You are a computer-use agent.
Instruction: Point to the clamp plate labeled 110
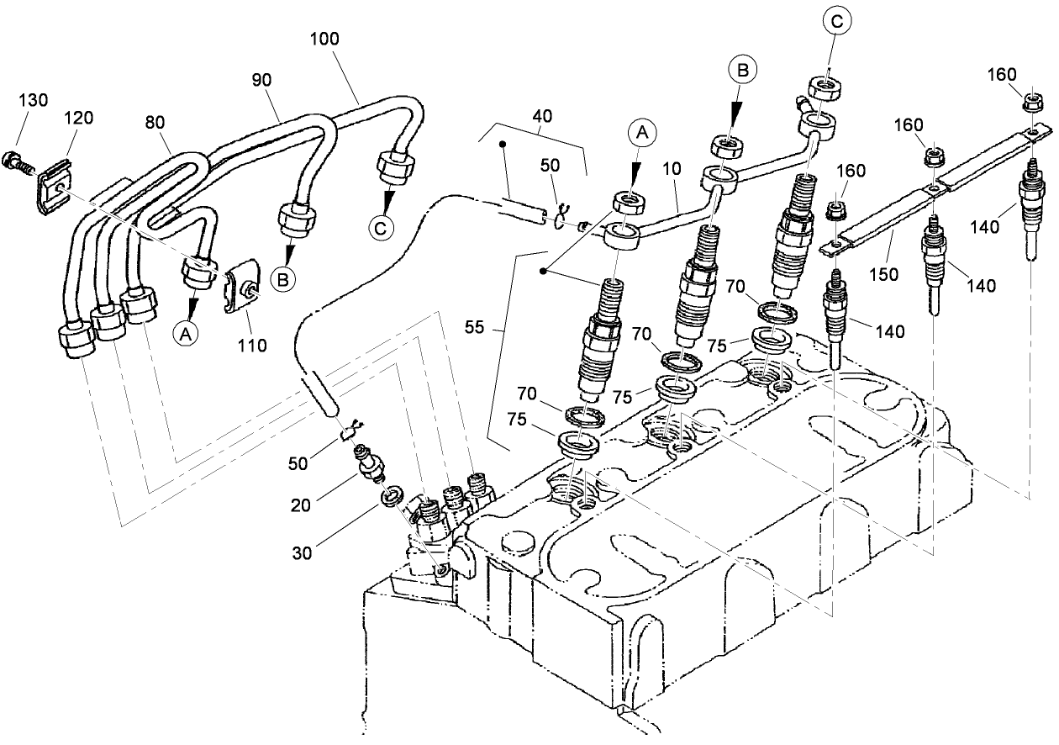click(x=245, y=288)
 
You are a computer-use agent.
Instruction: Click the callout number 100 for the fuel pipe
click(x=325, y=39)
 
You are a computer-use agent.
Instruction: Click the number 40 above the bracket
click(x=542, y=117)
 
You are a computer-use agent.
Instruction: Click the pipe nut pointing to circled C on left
click(x=393, y=167)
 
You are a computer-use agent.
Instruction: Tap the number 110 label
click(x=251, y=344)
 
